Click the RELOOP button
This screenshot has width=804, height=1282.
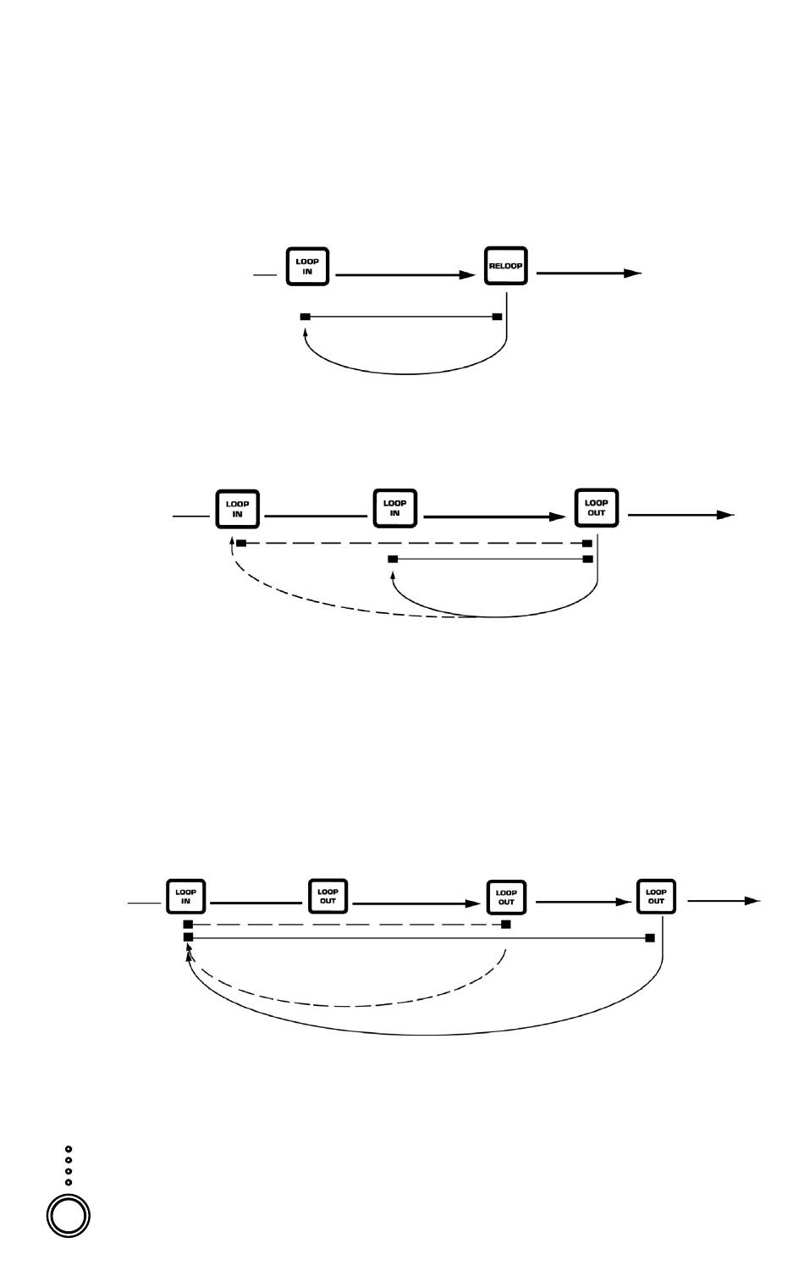(506, 266)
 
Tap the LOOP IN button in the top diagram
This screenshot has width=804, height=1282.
(307, 267)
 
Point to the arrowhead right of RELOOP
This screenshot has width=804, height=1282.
(632, 273)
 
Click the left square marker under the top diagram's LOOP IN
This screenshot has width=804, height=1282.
(306, 317)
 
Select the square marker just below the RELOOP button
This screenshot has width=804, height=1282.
(497, 317)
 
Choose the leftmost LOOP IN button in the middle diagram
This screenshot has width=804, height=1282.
(238, 509)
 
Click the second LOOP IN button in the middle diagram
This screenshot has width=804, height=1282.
(395, 508)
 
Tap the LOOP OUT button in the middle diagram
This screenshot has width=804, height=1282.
(597, 508)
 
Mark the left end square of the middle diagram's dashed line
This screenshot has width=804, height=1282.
(241, 543)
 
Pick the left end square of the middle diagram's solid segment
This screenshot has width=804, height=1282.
(393, 559)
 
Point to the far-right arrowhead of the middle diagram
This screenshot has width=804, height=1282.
(725, 515)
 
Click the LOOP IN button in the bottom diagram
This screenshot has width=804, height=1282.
(186, 897)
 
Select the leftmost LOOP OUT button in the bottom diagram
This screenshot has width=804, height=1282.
(328, 897)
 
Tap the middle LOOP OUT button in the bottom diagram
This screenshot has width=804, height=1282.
(506, 898)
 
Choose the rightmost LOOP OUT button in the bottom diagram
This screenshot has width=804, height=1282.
(656, 897)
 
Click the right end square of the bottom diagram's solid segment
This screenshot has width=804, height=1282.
(650, 937)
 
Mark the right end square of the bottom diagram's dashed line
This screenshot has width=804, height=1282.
(506, 924)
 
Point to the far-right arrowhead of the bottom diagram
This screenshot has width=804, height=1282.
(752, 901)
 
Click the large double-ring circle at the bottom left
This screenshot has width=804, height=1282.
(69, 1216)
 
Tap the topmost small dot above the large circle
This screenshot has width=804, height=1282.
(69, 1150)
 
